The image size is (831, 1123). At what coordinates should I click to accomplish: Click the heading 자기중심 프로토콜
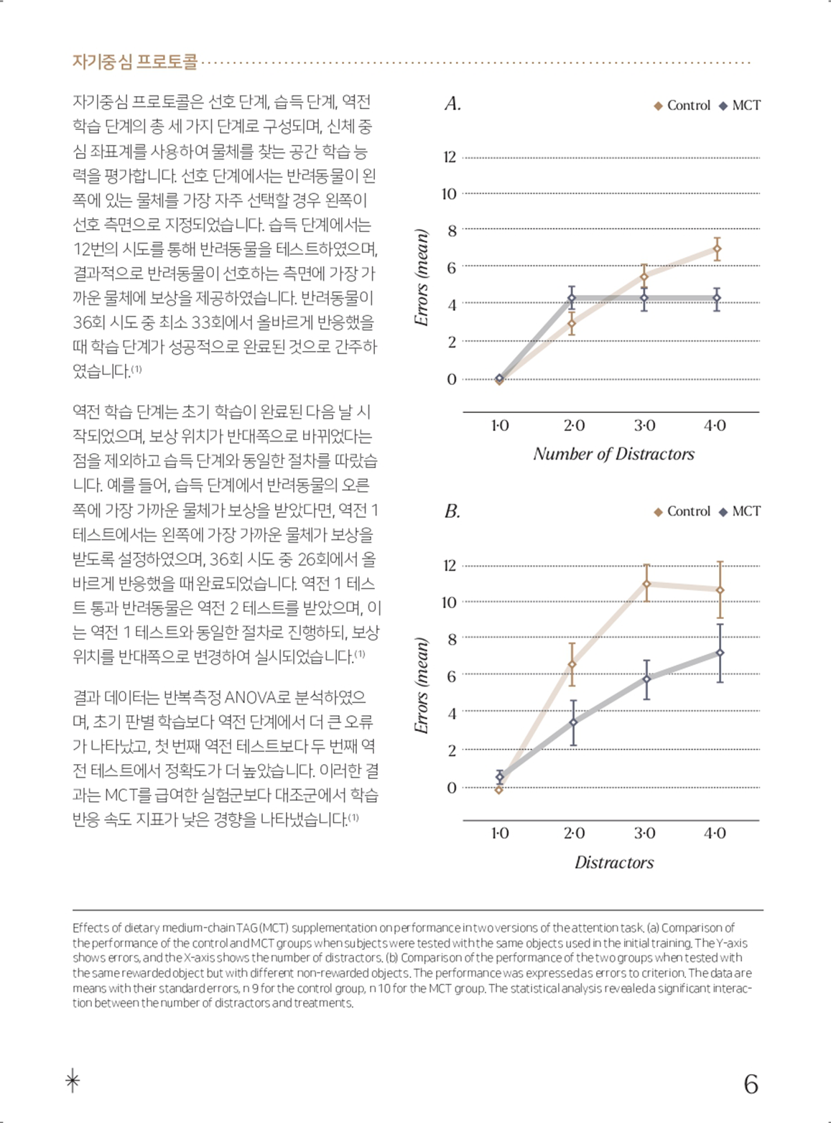135,62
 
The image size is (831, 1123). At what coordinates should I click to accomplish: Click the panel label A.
452,104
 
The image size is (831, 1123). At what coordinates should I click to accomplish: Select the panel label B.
452,511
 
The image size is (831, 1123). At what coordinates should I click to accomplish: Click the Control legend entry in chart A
682,106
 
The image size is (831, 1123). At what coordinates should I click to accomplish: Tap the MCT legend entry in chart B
739,511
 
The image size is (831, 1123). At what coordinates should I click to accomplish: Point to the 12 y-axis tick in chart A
450,157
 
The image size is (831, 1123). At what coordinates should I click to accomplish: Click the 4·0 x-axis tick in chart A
715,426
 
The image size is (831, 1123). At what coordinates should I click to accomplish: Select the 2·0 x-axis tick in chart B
574,834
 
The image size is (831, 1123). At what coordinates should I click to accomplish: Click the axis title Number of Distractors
614,454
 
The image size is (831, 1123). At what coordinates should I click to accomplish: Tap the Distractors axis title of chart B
614,862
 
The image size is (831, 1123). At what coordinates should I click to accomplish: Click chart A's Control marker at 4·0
717,249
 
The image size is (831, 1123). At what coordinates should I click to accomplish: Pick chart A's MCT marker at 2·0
572,298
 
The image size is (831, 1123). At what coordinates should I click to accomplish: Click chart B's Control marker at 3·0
646,584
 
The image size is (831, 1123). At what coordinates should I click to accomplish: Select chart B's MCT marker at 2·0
573,722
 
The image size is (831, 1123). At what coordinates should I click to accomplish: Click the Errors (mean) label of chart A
422,278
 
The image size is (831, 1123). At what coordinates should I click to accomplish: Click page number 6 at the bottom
751,1084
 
